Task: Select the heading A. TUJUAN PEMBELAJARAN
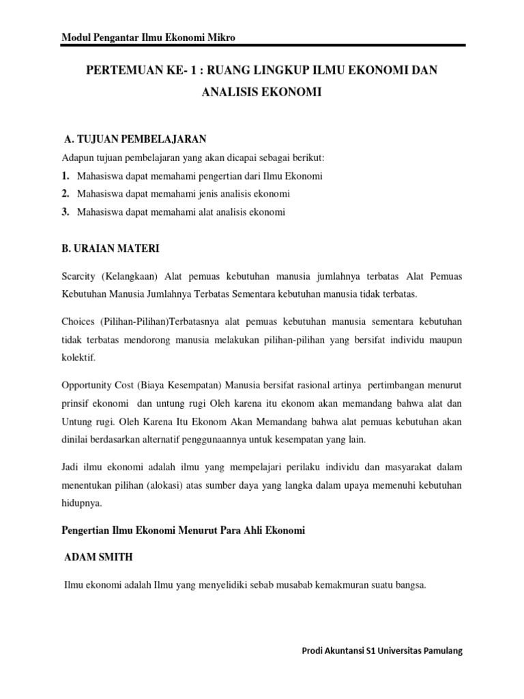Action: tap(134, 140)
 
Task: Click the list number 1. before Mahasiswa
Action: tap(65, 175)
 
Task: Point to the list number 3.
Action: tap(65, 212)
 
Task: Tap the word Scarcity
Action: tap(78, 277)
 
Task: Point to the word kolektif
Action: tap(79, 357)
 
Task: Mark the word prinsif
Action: tap(78, 403)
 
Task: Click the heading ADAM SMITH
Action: tap(98, 558)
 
